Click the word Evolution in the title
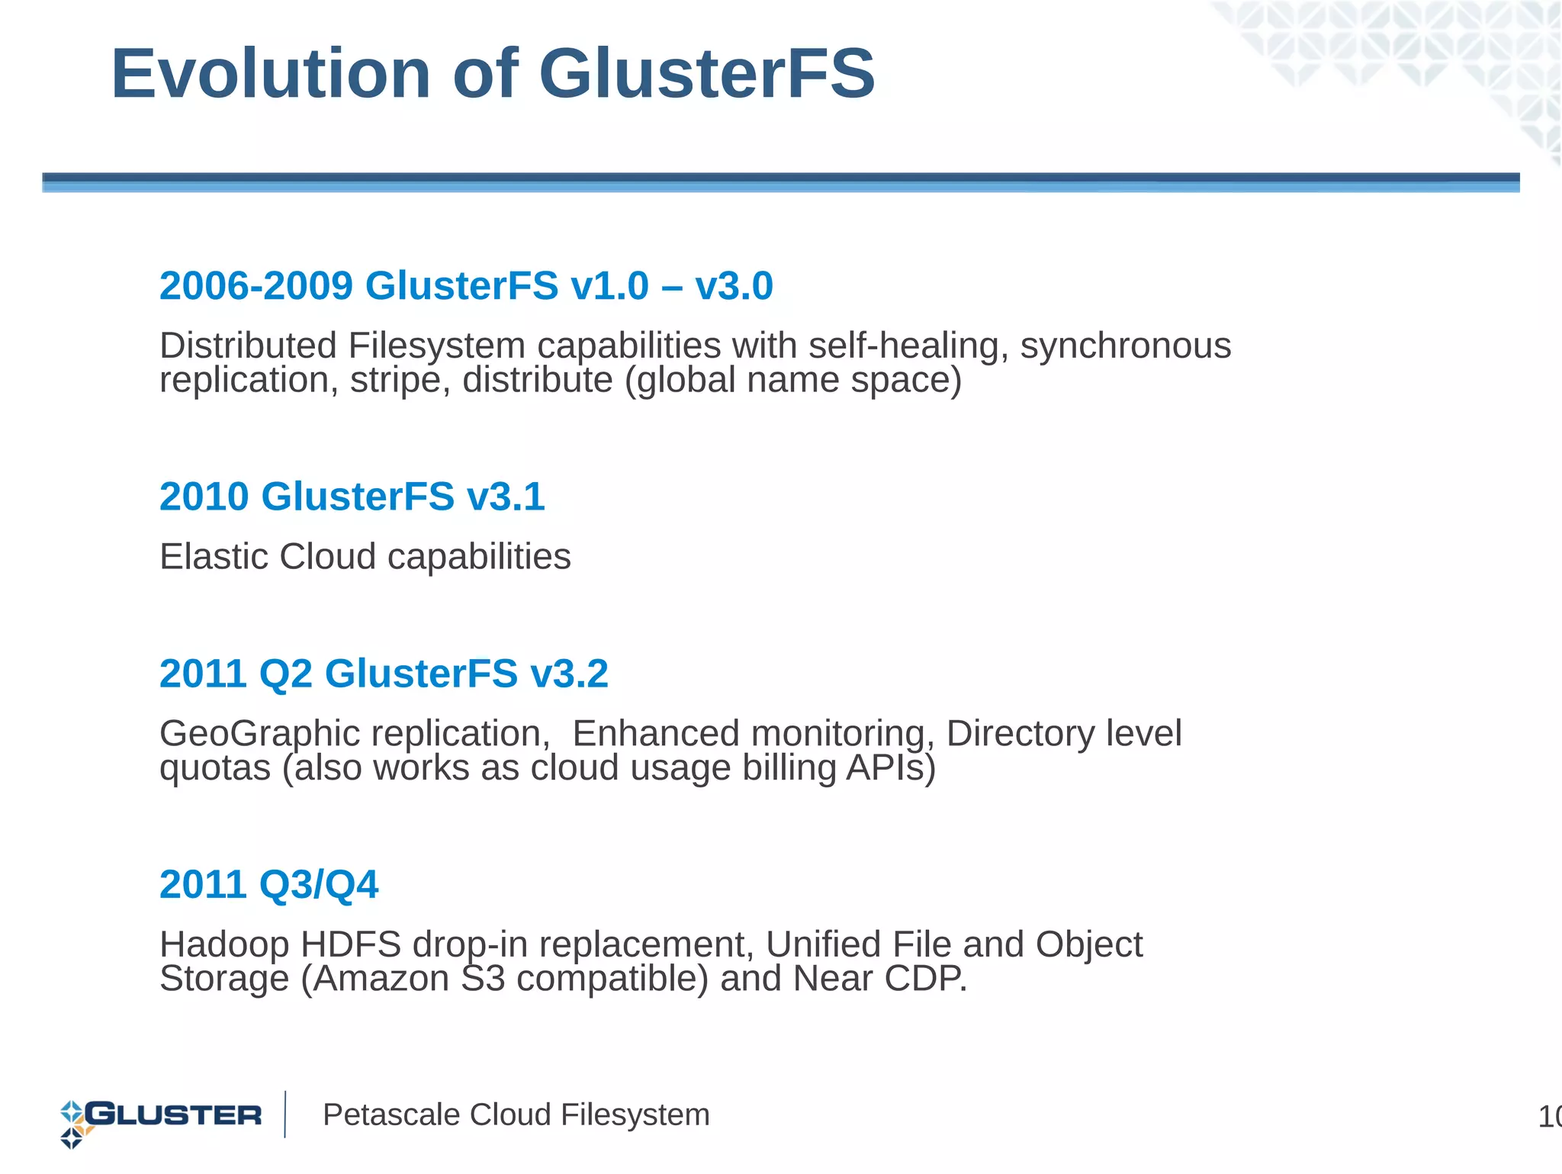tap(271, 74)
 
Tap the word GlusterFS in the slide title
tap(707, 74)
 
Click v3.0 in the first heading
tap(734, 286)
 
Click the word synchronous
tap(1126, 346)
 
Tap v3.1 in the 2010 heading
tap(506, 497)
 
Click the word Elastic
tap(214, 556)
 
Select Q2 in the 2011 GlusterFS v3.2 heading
tap(286, 674)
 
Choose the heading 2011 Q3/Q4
tap(268, 885)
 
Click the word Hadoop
tap(224, 945)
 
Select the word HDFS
tap(351, 944)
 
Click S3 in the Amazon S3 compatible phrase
tap(484, 979)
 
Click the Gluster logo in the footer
tap(161, 1116)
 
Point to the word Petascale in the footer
tap(391, 1115)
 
